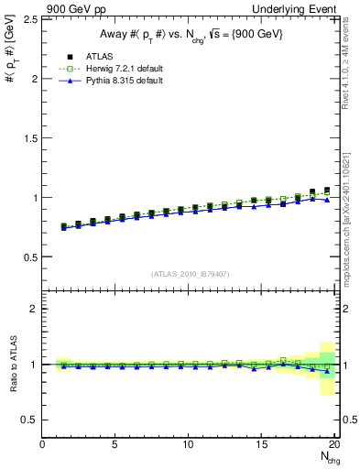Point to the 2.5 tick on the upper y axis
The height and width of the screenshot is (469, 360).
click(x=29, y=19)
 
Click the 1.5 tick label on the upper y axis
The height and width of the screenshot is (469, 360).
click(x=29, y=138)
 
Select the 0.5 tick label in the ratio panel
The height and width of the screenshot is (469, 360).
click(x=29, y=420)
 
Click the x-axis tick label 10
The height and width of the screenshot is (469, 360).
click(x=189, y=445)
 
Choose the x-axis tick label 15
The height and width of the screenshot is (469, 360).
click(x=262, y=445)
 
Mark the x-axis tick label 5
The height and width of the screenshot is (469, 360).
click(x=115, y=445)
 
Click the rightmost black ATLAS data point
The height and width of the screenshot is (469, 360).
click(x=327, y=191)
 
